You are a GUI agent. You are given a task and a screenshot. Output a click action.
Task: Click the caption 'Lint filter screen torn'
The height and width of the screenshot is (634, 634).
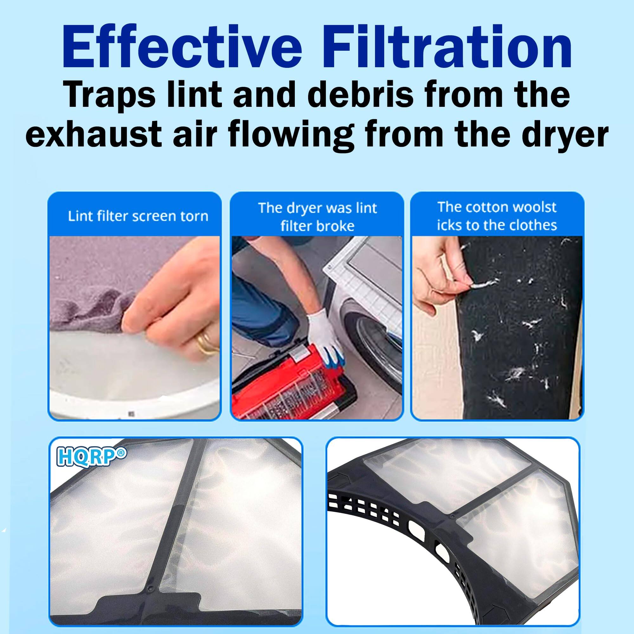(138, 216)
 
